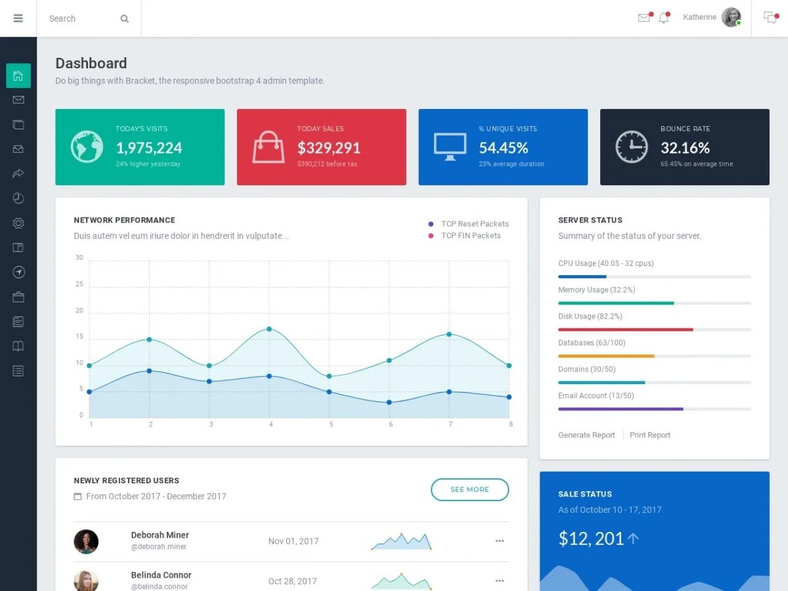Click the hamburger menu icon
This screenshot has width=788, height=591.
(18, 18)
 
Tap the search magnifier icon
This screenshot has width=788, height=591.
(124, 19)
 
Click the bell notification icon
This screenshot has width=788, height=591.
(663, 18)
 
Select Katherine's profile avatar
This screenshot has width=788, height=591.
(731, 17)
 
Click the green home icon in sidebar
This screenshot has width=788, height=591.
(18, 76)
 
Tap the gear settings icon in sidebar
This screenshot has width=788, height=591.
(18, 223)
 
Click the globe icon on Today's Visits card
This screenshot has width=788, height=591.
(87, 146)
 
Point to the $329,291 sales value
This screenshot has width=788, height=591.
(328, 148)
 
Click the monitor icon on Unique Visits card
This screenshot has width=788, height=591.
(450, 146)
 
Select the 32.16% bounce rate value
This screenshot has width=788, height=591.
(685, 148)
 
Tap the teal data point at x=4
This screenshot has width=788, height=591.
(269, 329)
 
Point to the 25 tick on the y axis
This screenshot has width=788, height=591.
(79, 284)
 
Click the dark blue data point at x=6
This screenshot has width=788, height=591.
(389, 403)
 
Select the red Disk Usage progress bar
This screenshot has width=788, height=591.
(625, 330)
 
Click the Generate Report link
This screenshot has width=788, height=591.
(586, 435)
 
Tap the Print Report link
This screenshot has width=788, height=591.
(649, 435)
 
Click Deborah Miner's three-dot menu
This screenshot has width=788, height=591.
(499, 541)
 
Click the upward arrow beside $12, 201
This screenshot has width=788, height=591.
(633, 538)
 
